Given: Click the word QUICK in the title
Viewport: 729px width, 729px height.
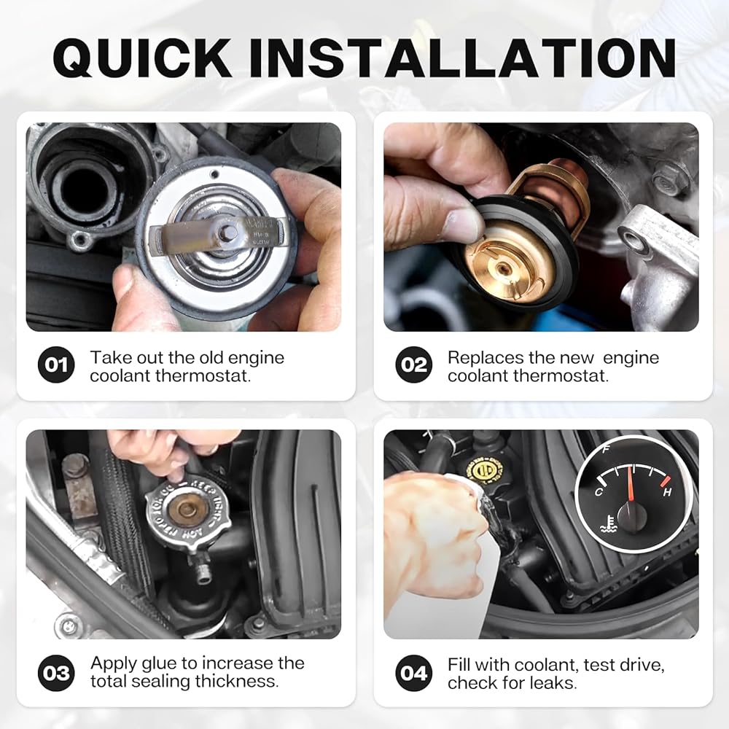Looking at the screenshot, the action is pos(142,58).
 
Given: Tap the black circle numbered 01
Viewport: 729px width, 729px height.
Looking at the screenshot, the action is pos(56,364).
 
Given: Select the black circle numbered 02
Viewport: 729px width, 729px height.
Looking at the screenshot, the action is pos(414,364).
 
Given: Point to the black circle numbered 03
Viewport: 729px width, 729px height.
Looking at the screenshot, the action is pos(56,673).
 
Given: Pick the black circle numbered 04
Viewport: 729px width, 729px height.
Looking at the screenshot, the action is pos(414,673).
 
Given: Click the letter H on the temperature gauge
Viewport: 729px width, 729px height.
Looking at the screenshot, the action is pos(668,492).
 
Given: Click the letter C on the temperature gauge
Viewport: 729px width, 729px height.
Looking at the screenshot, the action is pos(599,491).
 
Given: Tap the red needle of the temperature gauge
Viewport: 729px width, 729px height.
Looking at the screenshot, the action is pos(631,485).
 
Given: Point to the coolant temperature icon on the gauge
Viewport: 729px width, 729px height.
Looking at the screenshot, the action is pos(608,524).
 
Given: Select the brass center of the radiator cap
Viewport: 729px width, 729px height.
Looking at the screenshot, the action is pos(187,509).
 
